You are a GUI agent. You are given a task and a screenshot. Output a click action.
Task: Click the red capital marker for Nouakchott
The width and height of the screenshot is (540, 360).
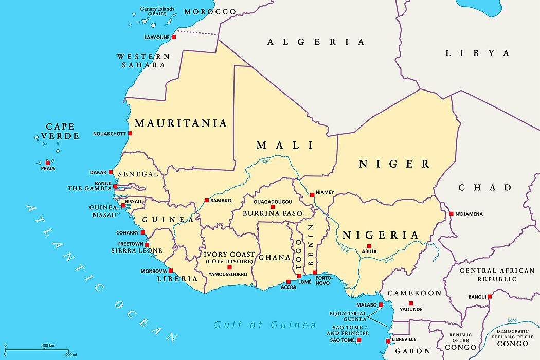[130, 134]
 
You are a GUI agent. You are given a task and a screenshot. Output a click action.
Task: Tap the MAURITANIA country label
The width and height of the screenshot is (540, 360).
[180, 123]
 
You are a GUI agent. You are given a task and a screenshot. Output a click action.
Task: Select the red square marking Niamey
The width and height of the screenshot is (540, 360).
[312, 195]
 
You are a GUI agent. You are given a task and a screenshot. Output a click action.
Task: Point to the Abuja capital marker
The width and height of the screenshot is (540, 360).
[369, 246]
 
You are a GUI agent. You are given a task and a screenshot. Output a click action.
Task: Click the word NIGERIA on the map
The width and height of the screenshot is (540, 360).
[381, 235]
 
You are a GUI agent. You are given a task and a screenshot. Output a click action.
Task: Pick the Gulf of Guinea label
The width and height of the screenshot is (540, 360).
[265, 325]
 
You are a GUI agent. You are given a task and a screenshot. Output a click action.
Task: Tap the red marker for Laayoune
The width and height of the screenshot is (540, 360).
[174, 37]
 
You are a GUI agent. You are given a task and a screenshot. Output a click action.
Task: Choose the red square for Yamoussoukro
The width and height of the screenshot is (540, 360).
[229, 267]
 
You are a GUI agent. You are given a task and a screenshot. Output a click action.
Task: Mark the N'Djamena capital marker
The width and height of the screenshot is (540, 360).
[451, 214]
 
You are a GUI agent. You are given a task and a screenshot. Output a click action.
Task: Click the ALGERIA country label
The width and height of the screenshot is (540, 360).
[316, 42]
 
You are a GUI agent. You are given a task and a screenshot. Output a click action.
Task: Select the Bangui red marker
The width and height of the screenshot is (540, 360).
[490, 296]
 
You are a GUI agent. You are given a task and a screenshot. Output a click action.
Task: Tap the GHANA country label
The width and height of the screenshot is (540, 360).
[275, 257]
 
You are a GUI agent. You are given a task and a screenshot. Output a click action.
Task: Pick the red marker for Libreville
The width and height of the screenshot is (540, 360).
[388, 340]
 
